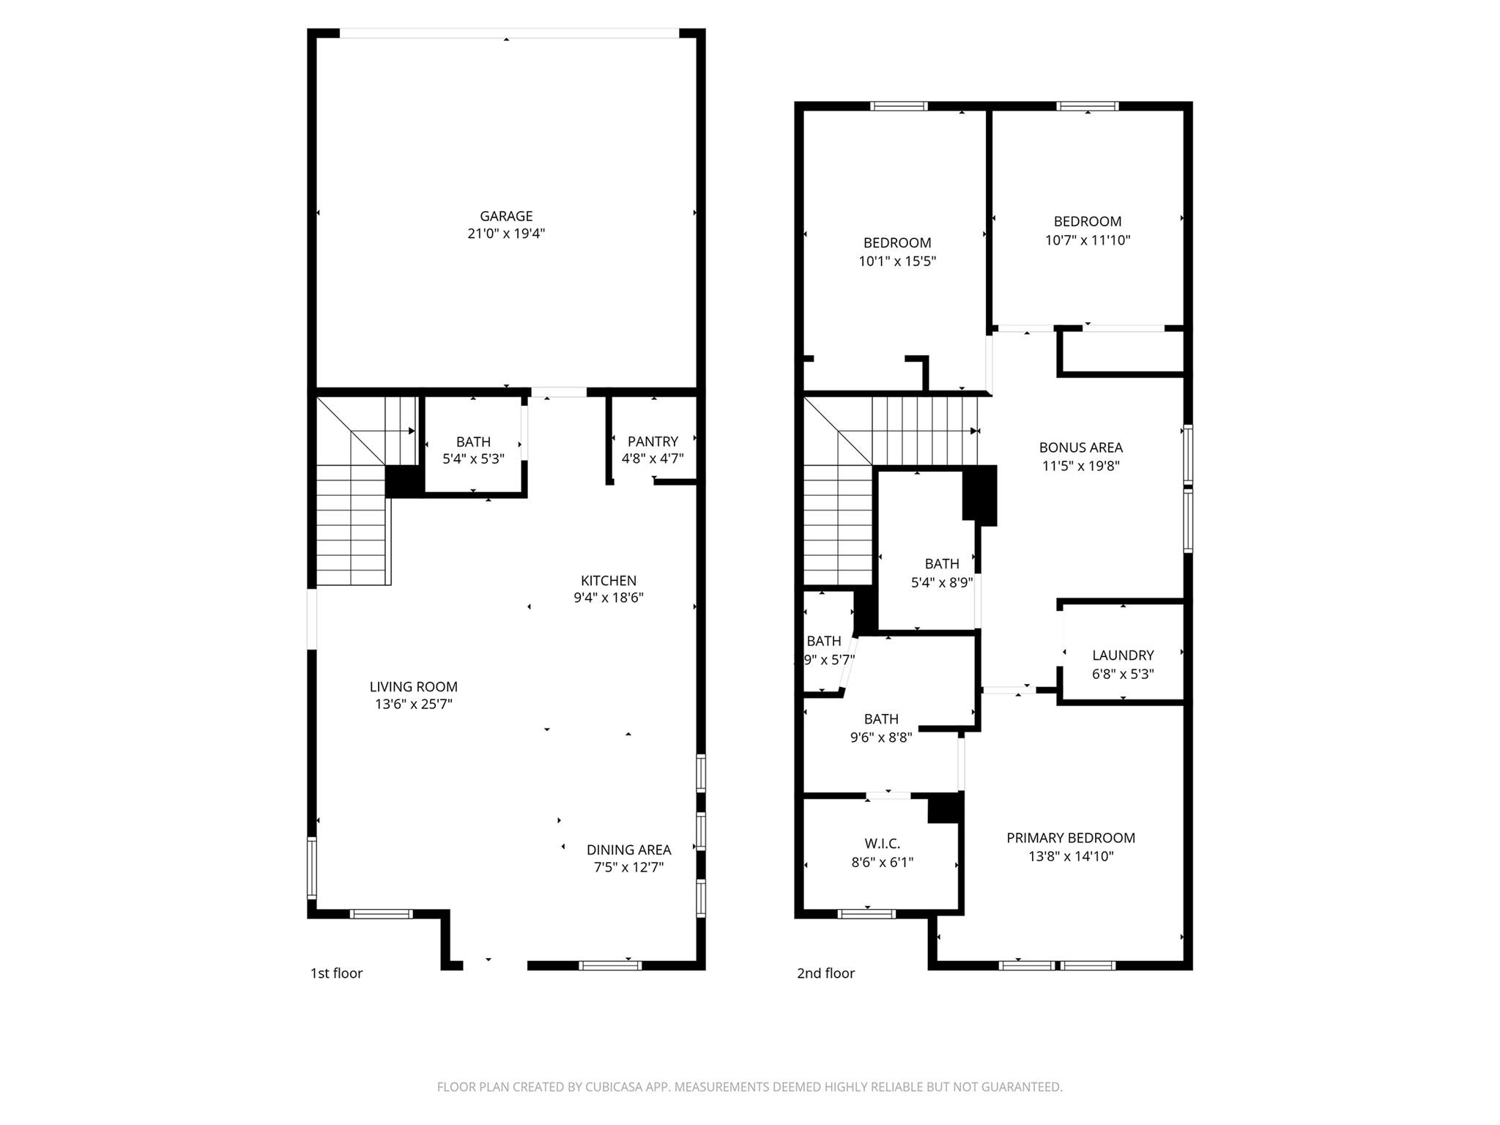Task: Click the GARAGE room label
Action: pyautogui.click(x=506, y=216)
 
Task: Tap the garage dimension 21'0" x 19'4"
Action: pyautogui.click(x=506, y=234)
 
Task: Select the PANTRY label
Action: pyautogui.click(x=653, y=441)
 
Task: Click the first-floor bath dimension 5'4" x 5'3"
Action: pyautogui.click(x=473, y=459)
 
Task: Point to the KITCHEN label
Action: pyautogui.click(x=609, y=580)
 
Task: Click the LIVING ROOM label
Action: pyautogui.click(x=413, y=686)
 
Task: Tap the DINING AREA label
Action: pyautogui.click(x=628, y=850)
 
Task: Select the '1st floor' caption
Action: pyautogui.click(x=336, y=973)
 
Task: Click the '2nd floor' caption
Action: pyautogui.click(x=825, y=973)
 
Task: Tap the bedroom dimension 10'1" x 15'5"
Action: pyautogui.click(x=897, y=261)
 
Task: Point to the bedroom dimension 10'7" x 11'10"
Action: pyautogui.click(x=1088, y=240)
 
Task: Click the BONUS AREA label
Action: pyautogui.click(x=1080, y=448)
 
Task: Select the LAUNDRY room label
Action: pyautogui.click(x=1123, y=656)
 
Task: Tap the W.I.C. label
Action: pyautogui.click(x=882, y=844)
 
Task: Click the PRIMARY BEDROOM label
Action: pyautogui.click(x=1071, y=838)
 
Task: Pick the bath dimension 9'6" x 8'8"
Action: pyautogui.click(x=881, y=738)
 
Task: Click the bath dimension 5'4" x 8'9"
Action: pyautogui.click(x=942, y=582)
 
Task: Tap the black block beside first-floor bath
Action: pyautogui.click(x=404, y=480)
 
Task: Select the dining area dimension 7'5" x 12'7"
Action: pyautogui.click(x=628, y=868)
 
